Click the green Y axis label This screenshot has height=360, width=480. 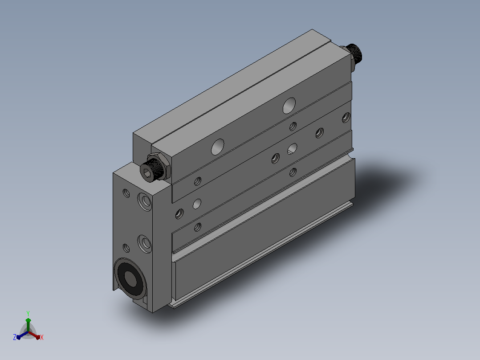coord(28,313)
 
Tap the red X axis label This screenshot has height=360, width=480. coord(42,337)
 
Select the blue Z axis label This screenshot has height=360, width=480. coord(15,337)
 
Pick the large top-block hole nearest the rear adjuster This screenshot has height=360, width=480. coord(289,106)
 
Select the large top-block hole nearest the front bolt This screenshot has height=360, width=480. coord(218,147)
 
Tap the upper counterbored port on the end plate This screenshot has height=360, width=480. coord(145,201)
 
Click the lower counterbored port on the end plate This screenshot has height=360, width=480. coord(145,244)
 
